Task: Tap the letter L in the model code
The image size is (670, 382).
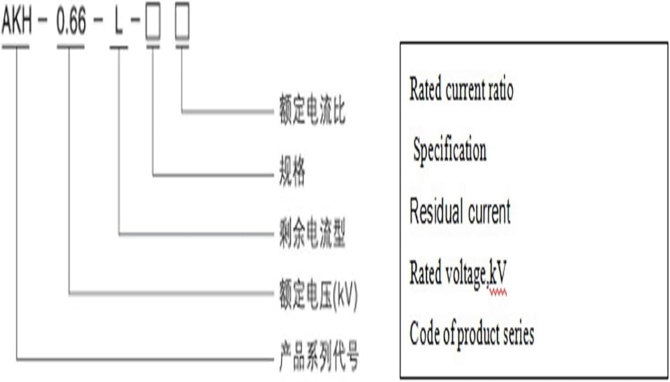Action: coord(119,24)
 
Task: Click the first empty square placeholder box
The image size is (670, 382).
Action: coord(153,24)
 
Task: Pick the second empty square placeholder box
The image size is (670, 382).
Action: coord(182,24)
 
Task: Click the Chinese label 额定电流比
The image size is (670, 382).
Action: coord(312,111)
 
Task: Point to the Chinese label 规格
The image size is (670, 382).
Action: coord(292,174)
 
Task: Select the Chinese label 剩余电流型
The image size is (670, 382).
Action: coord(312,234)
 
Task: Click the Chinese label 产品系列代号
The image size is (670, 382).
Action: coord(318,355)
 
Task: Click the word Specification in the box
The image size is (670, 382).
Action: coord(450,151)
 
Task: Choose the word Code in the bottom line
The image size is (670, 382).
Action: coord(425,333)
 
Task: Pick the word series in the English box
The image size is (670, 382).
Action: coord(517,333)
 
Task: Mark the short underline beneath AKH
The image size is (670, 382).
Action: coord(15,47)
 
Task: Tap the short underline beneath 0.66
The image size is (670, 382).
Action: coord(70,47)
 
